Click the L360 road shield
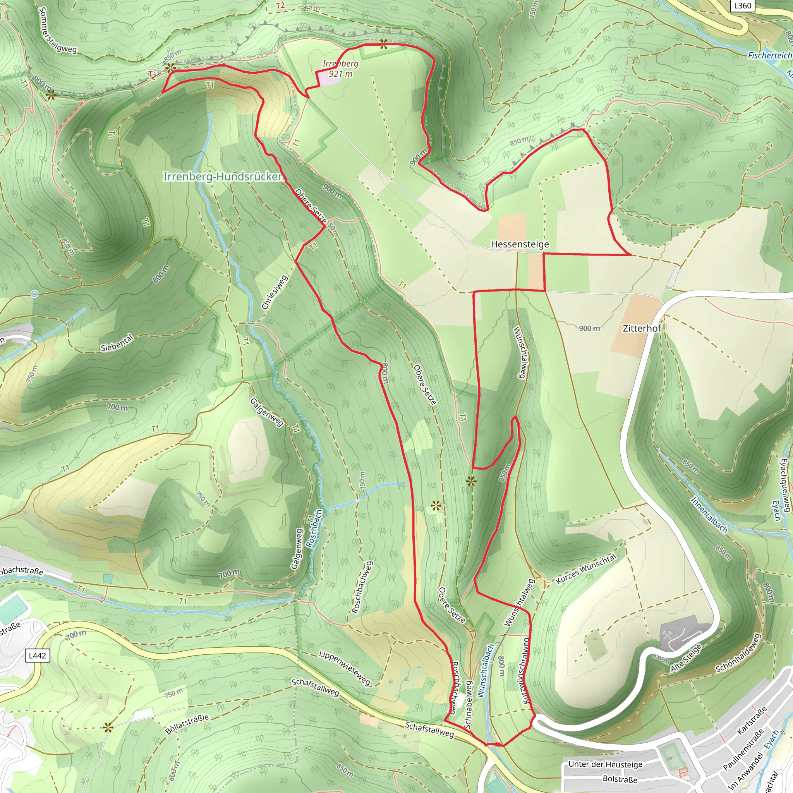pyautogui.click(x=742, y=5)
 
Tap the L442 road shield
pyautogui.click(x=37, y=655)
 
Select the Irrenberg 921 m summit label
pyautogui.click(x=340, y=69)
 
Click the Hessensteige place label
pyautogui.click(x=520, y=244)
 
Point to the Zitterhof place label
pyautogui.click(x=642, y=328)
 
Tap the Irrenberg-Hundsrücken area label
pyautogui.click(x=223, y=177)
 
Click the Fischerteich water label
pyautogui.click(x=769, y=55)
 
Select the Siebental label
pyautogui.click(x=117, y=343)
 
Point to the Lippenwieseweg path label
pyautogui.click(x=344, y=668)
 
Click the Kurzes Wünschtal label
pyautogui.click(x=586, y=569)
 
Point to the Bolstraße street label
pyautogui.click(x=620, y=779)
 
